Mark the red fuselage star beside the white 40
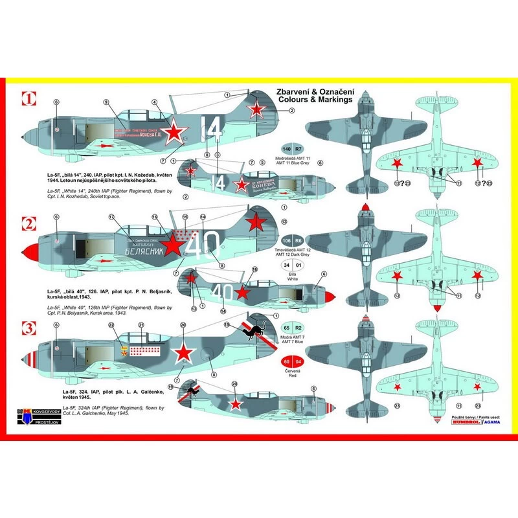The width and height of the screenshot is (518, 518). click(173, 244)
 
